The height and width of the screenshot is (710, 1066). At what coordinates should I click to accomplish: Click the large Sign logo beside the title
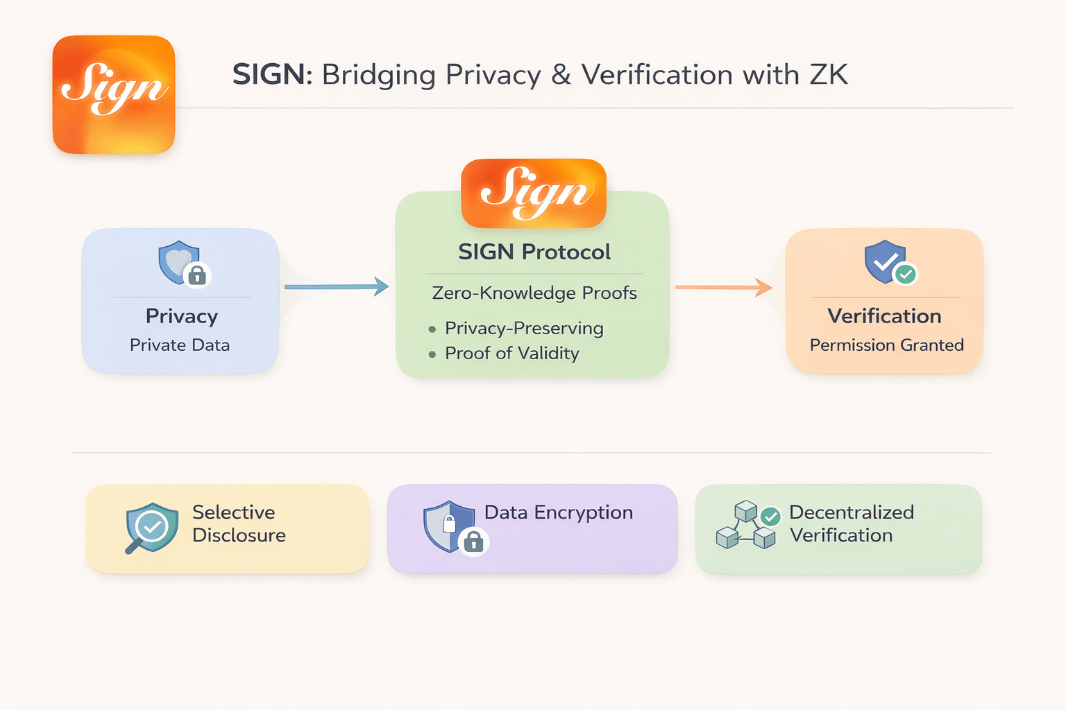(114, 94)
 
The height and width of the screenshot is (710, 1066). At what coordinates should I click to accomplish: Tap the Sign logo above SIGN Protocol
(534, 193)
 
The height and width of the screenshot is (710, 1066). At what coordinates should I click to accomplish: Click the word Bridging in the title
(378, 75)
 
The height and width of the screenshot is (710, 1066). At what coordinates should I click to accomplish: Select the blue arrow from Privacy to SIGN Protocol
(337, 286)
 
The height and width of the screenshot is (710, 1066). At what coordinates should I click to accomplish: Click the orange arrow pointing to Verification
(724, 286)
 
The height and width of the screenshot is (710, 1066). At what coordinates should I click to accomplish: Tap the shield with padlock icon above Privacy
(183, 263)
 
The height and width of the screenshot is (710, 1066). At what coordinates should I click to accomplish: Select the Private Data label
(180, 345)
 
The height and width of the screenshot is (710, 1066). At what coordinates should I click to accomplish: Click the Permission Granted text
(886, 345)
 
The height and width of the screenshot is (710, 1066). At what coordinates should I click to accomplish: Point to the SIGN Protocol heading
(534, 252)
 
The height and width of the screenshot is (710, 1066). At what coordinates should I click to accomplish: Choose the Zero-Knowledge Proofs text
(534, 293)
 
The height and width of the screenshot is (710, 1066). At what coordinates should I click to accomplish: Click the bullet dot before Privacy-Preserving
(432, 329)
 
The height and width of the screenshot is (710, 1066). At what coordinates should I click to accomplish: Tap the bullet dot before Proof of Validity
(432, 354)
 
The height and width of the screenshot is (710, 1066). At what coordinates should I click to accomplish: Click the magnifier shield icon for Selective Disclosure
(151, 528)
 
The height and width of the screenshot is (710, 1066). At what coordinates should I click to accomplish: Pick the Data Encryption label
(559, 512)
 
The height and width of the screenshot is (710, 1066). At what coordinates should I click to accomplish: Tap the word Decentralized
(852, 512)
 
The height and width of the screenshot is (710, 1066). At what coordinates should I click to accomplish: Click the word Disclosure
(239, 535)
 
